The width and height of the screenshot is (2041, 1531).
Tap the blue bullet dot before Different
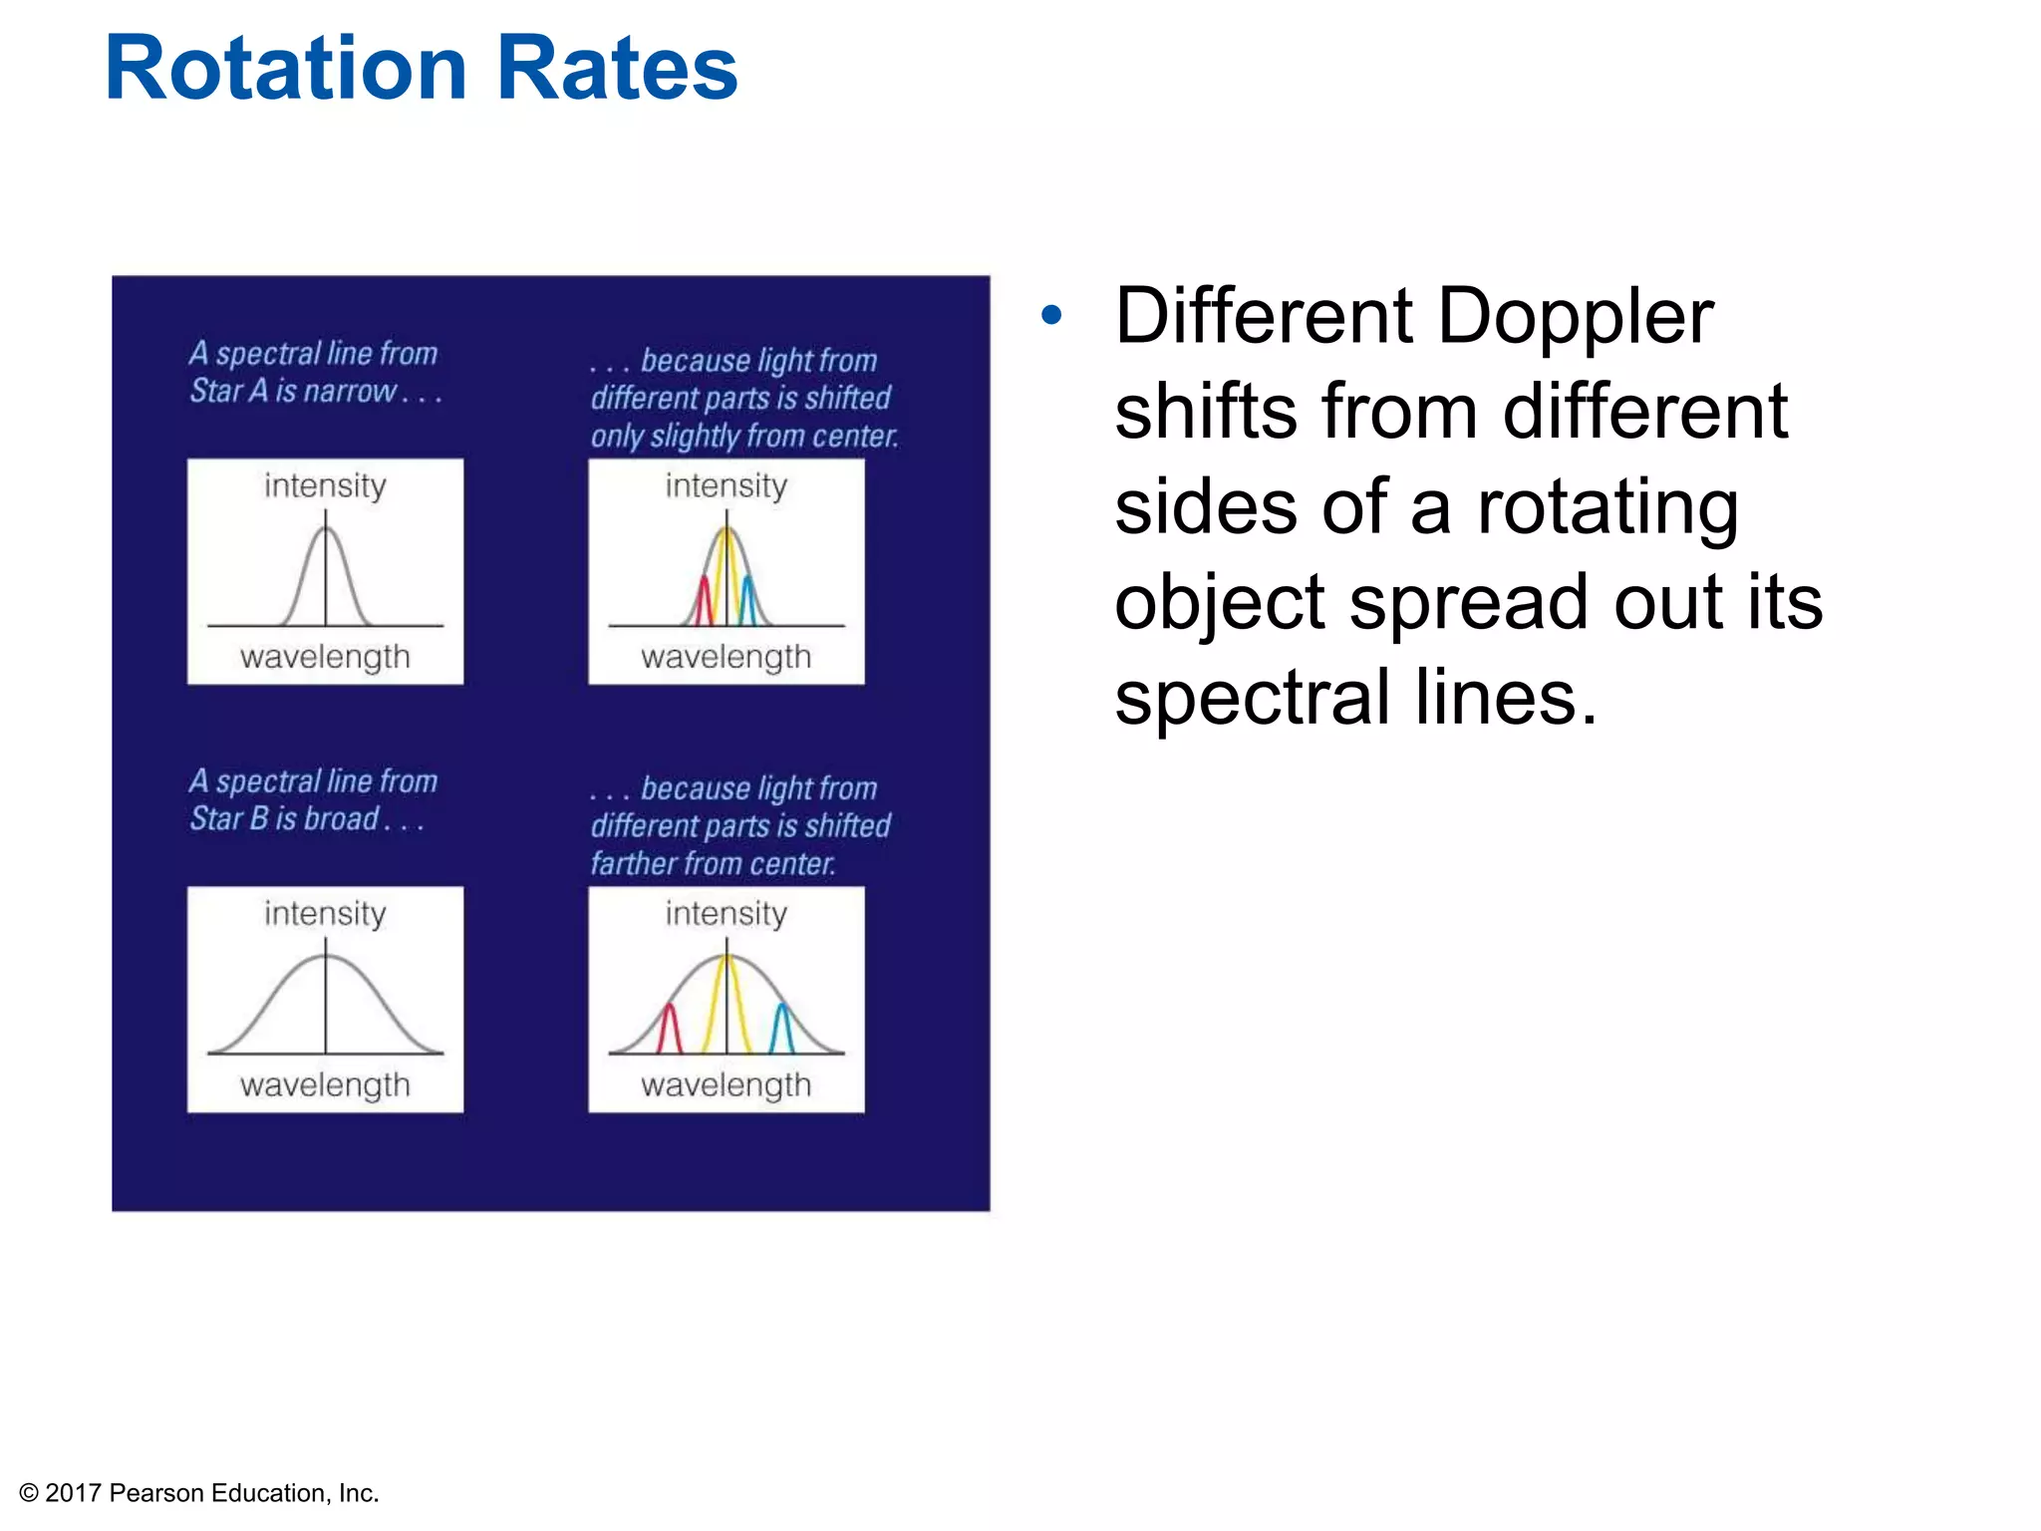(1051, 316)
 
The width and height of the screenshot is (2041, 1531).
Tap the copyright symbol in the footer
(29, 1493)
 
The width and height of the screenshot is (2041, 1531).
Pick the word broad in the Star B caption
(341, 818)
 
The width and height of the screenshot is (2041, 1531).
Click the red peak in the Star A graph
(704, 600)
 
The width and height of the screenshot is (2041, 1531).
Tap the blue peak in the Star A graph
(747, 600)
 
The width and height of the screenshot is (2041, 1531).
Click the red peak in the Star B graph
(670, 1029)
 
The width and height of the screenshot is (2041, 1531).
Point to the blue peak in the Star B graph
(783, 1029)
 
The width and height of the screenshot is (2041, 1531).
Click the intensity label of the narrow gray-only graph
(325, 486)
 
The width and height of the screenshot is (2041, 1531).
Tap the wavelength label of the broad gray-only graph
(325, 1084)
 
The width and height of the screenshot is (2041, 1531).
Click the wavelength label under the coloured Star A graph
(726, 657)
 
